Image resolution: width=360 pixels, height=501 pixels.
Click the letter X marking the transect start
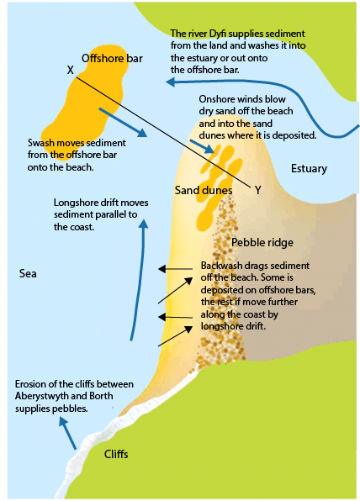(x=71, y=70)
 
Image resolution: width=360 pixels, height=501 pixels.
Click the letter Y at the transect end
(x=258, y=191)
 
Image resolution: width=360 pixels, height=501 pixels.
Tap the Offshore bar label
(x=112, y=59)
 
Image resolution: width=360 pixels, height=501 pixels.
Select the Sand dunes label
(x=204, y=191)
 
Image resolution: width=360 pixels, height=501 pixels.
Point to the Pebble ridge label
(x=262, y=242)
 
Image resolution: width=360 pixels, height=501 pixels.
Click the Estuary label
(x=309, y=169)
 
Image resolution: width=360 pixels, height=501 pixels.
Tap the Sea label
(x=28, y=273)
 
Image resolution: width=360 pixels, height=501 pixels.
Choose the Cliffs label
(x=116, y=454)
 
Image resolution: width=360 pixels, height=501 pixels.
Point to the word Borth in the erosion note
(x=101, y=396)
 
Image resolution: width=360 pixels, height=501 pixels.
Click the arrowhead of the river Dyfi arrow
(x=170, y=82)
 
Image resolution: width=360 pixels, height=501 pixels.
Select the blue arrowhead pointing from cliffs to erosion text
(x=63, y=423)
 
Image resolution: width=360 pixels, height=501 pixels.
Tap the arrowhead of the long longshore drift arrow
(x=144, y=224)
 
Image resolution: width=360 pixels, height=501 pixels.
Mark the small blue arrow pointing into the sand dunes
(x=202, y=146)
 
